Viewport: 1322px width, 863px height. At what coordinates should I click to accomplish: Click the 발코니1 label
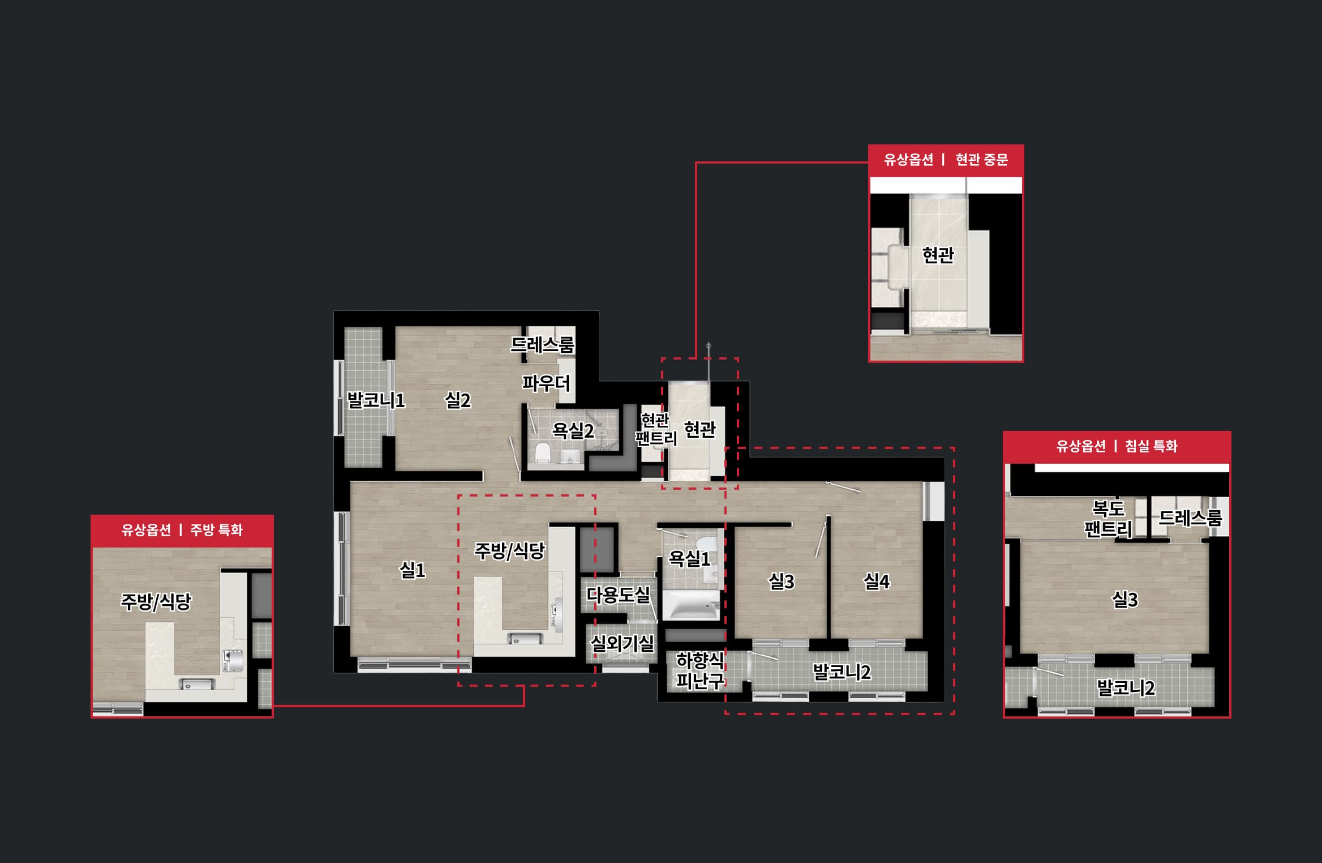click(x=376, y=400)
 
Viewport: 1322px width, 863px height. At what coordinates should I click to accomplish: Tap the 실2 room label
click(x=458, y=400)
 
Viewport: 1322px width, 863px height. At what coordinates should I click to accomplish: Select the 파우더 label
click(x=546, y=383)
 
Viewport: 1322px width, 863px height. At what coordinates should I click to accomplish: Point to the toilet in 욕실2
click(x=543, y=452)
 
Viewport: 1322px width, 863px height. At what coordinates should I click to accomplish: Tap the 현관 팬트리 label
click(x=656, y=429)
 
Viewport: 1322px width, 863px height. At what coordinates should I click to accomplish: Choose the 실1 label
click(x=413, y=570)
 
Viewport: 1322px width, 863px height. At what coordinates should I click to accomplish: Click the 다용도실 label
click(x=618, y=595)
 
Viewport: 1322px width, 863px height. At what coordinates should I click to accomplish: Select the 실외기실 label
click(x=622, y=643)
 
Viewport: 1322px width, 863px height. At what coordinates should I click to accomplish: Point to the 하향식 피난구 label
click(x=700, y=670)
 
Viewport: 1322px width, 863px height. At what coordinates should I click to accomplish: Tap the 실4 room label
click(x=876, y=581)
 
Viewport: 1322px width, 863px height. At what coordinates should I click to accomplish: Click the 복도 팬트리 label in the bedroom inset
click(x=1108, y=519)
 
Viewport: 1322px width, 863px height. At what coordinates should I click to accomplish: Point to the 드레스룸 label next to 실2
click(x=543, y=344)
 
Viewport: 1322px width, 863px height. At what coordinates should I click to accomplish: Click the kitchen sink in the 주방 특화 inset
click(x=197, y=683)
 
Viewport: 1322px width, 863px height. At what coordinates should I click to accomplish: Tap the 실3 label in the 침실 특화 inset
click(x=1125, y=599)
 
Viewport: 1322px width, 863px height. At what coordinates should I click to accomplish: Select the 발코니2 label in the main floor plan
click(x=842, y=672)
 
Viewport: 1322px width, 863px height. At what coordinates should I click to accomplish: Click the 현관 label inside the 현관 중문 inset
click(x=938, y=255)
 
